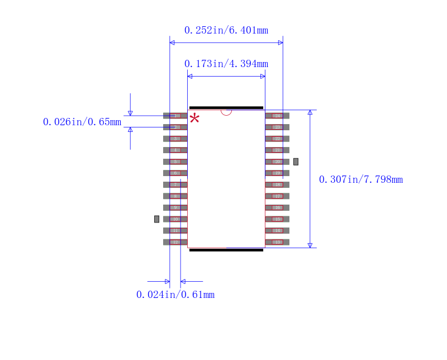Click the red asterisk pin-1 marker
point(194,118)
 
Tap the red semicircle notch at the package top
point(226,112)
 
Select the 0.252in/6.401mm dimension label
point(226,30)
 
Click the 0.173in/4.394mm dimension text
point(226,64)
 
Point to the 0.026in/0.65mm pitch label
point(82,122)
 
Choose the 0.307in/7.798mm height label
point(361,179)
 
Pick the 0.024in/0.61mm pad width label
point(175,295)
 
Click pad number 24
point(277,116)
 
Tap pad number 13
point(277,242)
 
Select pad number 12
point(175,242)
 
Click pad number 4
point(175,150)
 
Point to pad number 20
point(277,162)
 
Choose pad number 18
point(277,184)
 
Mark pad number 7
point(175,184)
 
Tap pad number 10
point(175,219)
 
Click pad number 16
point(277,207)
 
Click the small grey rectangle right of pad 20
point(296,162)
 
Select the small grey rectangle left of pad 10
point(156,219)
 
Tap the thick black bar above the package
point(226,107)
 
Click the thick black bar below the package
point(226,250)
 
